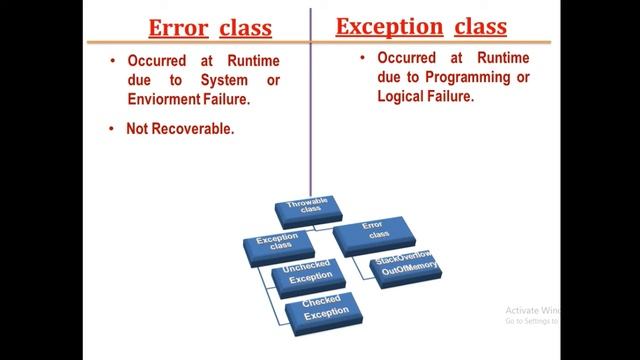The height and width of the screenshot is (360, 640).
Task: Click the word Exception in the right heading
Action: pos(388,25)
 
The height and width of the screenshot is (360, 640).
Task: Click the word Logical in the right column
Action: pos(405,97)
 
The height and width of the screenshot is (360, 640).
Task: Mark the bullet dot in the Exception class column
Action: pos(362,58)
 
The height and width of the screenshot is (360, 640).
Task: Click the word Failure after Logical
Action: pos(454,97)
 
